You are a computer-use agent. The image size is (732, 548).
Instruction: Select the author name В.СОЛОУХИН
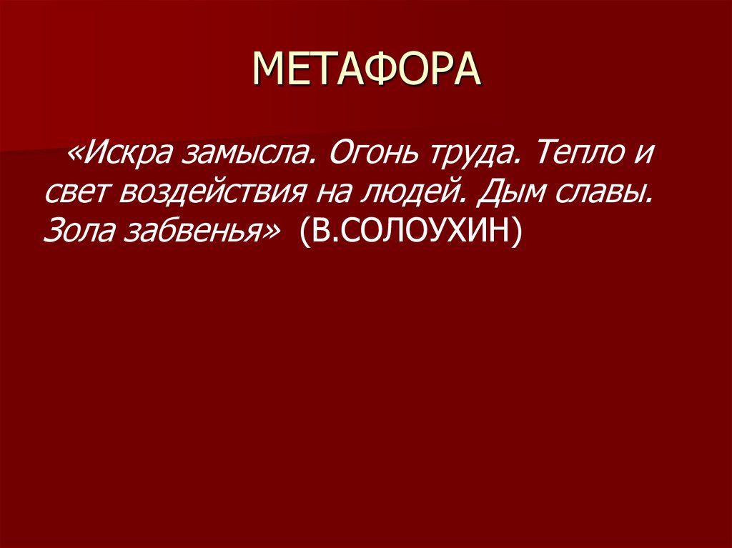pyautogui.click(x=410, y=231)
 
